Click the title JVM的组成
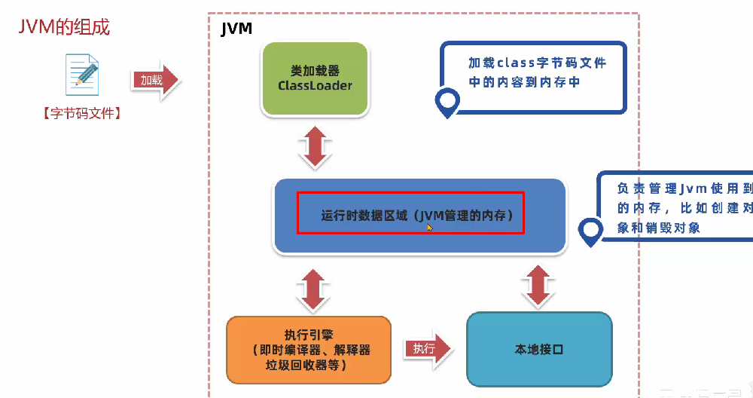64,28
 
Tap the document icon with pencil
82,74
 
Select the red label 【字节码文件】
82,114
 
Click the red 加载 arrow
156,80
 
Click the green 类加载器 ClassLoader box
315,78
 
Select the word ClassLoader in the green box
315,86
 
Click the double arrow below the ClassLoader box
315,148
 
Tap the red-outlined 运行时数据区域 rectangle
410,213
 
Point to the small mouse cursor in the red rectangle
429,226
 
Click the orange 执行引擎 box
309,350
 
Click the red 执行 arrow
427,349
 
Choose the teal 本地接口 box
539,350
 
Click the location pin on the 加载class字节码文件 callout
447,102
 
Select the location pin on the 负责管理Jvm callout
591,231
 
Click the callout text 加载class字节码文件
536,63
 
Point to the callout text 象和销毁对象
659,228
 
